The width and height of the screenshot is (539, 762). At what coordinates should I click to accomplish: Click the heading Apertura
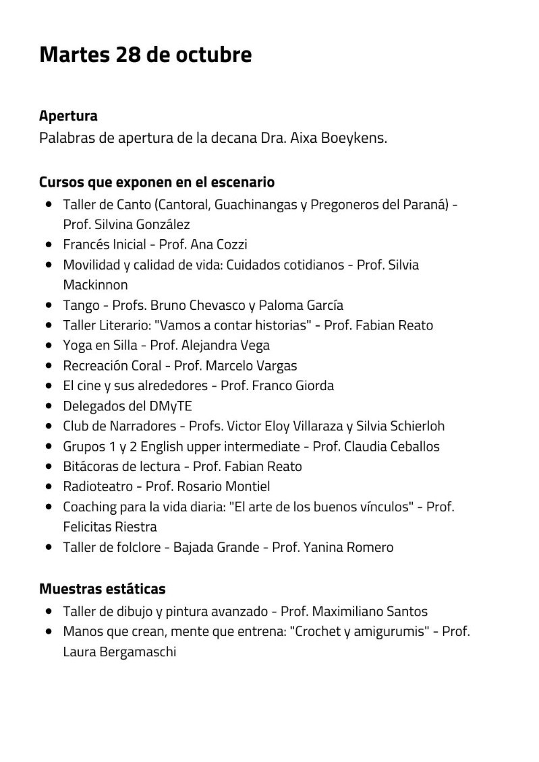(68, 116)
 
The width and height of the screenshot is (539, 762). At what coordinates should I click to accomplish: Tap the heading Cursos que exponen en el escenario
(157, 183)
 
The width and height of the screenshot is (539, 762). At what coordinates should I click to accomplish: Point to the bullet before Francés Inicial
(49, 245)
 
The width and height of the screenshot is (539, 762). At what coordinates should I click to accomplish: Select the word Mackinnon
(95, 285)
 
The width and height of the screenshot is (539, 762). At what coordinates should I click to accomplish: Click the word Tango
(81, 305)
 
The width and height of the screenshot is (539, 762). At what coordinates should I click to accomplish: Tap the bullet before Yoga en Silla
(49, 346)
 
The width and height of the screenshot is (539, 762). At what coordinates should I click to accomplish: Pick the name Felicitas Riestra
(110, 527)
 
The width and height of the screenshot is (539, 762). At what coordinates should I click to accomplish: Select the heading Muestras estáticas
(102, 590)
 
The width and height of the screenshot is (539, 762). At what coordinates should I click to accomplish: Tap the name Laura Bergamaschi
(119, 652)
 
